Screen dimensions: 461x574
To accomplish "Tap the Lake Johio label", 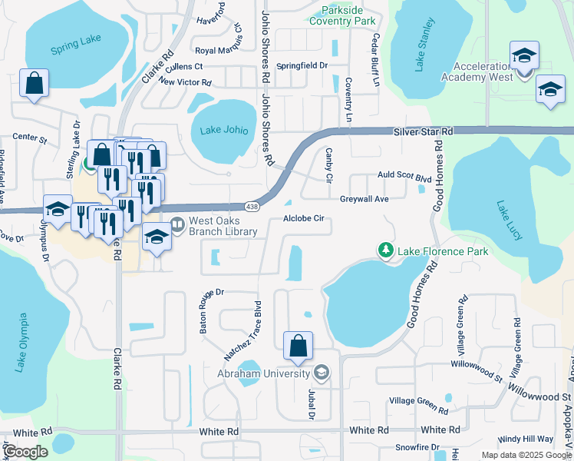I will click(x=224, y=130).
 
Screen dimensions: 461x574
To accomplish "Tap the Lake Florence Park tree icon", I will click(x=385, y=250).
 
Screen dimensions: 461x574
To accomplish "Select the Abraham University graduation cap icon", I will click(x=322, y=374).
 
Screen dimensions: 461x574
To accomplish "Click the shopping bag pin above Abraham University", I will click(x=298, y=347).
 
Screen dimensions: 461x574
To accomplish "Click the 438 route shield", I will click(x=251, y=207).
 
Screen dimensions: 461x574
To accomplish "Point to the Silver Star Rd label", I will click(x=423, y=132).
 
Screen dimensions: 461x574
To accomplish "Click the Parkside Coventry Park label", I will click(x=342, y=16).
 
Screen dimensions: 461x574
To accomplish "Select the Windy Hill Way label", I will click(x=524, y=439).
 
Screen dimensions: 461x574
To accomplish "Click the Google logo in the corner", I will click(x=25, y=452).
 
